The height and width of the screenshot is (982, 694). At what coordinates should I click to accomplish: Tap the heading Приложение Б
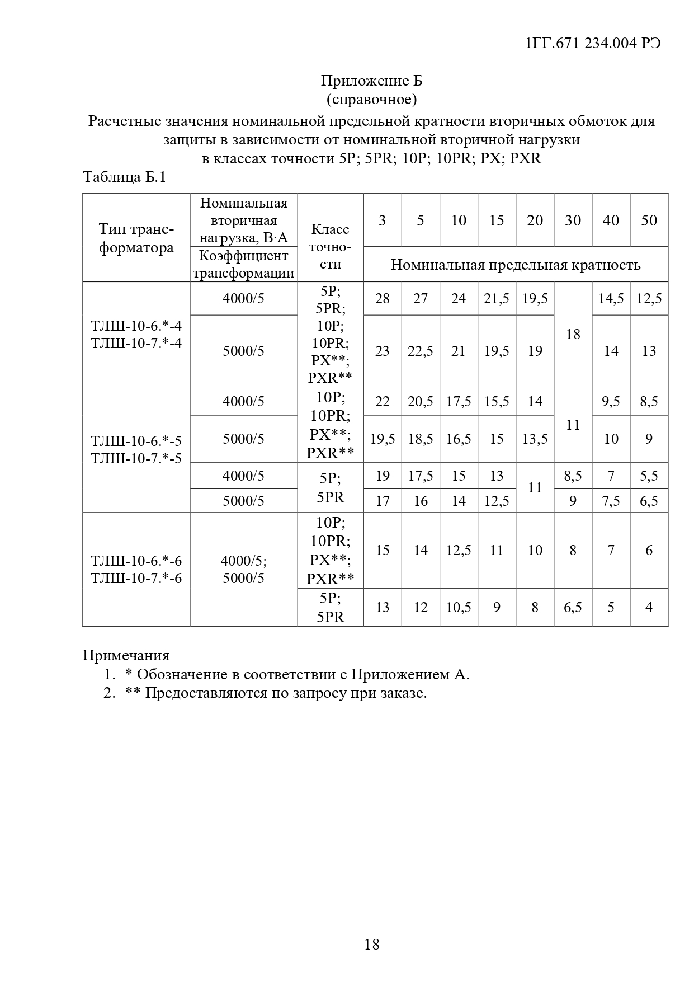click(x=371, y=81)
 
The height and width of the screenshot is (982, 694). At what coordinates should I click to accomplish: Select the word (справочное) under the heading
click(x=371, y=100)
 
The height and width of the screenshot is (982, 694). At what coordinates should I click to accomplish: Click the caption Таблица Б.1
click(x=124, y=177)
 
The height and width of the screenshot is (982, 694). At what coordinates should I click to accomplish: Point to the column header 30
click(x=573, y=220)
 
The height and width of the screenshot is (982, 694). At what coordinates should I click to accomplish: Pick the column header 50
click(x=649, y=220)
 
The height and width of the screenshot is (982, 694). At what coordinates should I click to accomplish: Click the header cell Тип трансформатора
click(x=136, y=238)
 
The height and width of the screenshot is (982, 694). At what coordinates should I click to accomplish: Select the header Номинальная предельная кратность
click(x=515, y=265)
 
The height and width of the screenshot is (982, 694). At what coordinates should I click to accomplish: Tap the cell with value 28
click(x=383, y=298)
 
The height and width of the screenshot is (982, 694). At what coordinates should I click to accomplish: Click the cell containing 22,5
click(x=421, y=351)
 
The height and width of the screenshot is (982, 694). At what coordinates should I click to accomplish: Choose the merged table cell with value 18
click(x=573, y=334)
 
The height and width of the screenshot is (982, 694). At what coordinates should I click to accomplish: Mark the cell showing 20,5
click(x=421, y=401)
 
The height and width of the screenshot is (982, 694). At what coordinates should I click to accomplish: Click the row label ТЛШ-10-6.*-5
click(x=136, y=440)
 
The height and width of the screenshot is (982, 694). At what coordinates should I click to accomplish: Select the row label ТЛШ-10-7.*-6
click(x=136, y=578)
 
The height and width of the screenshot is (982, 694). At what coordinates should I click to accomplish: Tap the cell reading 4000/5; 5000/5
click(x=243, y=569)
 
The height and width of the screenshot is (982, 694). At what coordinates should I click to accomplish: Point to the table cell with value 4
click(x=649, y=607)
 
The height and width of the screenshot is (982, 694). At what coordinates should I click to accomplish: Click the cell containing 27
click(x=421, y=298)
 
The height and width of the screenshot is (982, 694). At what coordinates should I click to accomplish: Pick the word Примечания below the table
click(x=126, y=655)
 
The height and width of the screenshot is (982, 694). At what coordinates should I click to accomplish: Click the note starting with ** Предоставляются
click(x=276, y=693)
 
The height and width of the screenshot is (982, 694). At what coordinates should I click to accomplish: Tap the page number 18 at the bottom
click(x=371, y=945)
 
